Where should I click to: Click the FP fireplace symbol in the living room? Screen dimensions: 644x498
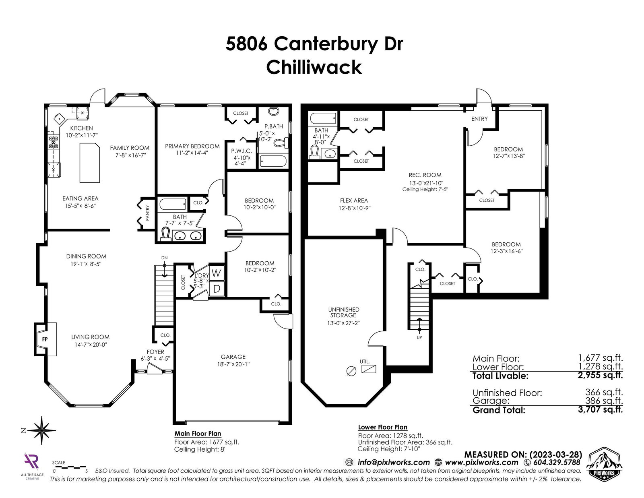[x=45, y=339]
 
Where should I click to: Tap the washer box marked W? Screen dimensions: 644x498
[x=217, y=273]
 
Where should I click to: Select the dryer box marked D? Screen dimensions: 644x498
[x=217, y=288]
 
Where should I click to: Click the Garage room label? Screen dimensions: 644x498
[x=233, y=357]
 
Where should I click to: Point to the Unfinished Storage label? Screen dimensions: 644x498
[x=343, y=312]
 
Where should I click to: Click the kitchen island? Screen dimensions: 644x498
[x=89, y=163]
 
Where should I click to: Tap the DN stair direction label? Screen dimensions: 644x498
[x=165, y=258]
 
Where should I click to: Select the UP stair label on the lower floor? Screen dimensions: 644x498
[x=419, y=337]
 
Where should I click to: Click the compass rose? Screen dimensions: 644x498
[x=42, y=431]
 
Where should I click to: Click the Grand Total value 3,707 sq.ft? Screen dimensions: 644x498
[x=600, y=410]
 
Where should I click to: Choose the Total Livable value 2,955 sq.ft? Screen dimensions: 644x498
[x=600, y=375]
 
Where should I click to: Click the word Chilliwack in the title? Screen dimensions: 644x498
[x=314, y=68]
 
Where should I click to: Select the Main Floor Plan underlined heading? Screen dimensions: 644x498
[x=198, y=434]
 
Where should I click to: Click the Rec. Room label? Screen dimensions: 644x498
[x=425, y=175]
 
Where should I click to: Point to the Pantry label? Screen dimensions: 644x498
[x=148, y=213]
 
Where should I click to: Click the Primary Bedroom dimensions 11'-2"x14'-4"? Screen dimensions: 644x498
[x=192, y=153]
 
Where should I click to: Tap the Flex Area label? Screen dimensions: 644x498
[x=354, y=200]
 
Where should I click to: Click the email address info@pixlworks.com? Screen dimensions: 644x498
[x=394, y=463]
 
